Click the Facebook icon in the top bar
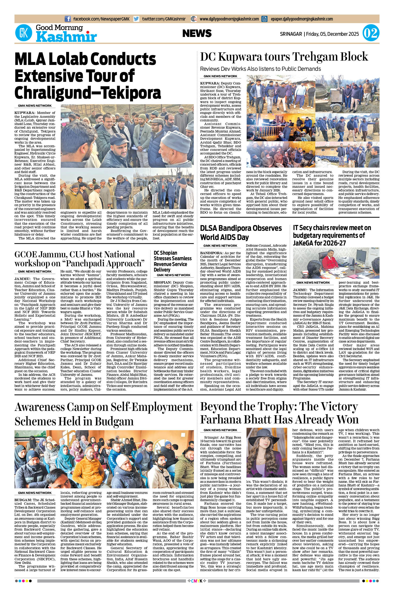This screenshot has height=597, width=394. (68, 19)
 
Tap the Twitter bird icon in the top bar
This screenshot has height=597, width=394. (136, 19)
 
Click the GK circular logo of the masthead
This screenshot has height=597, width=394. (24, 33)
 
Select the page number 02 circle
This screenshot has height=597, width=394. (371, 33)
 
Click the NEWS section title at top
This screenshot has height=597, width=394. (197, 33)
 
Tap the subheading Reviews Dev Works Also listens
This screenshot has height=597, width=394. (260, 69)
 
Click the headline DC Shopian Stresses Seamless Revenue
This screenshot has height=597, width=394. (172, 261)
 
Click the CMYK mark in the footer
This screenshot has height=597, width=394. (197, 588)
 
